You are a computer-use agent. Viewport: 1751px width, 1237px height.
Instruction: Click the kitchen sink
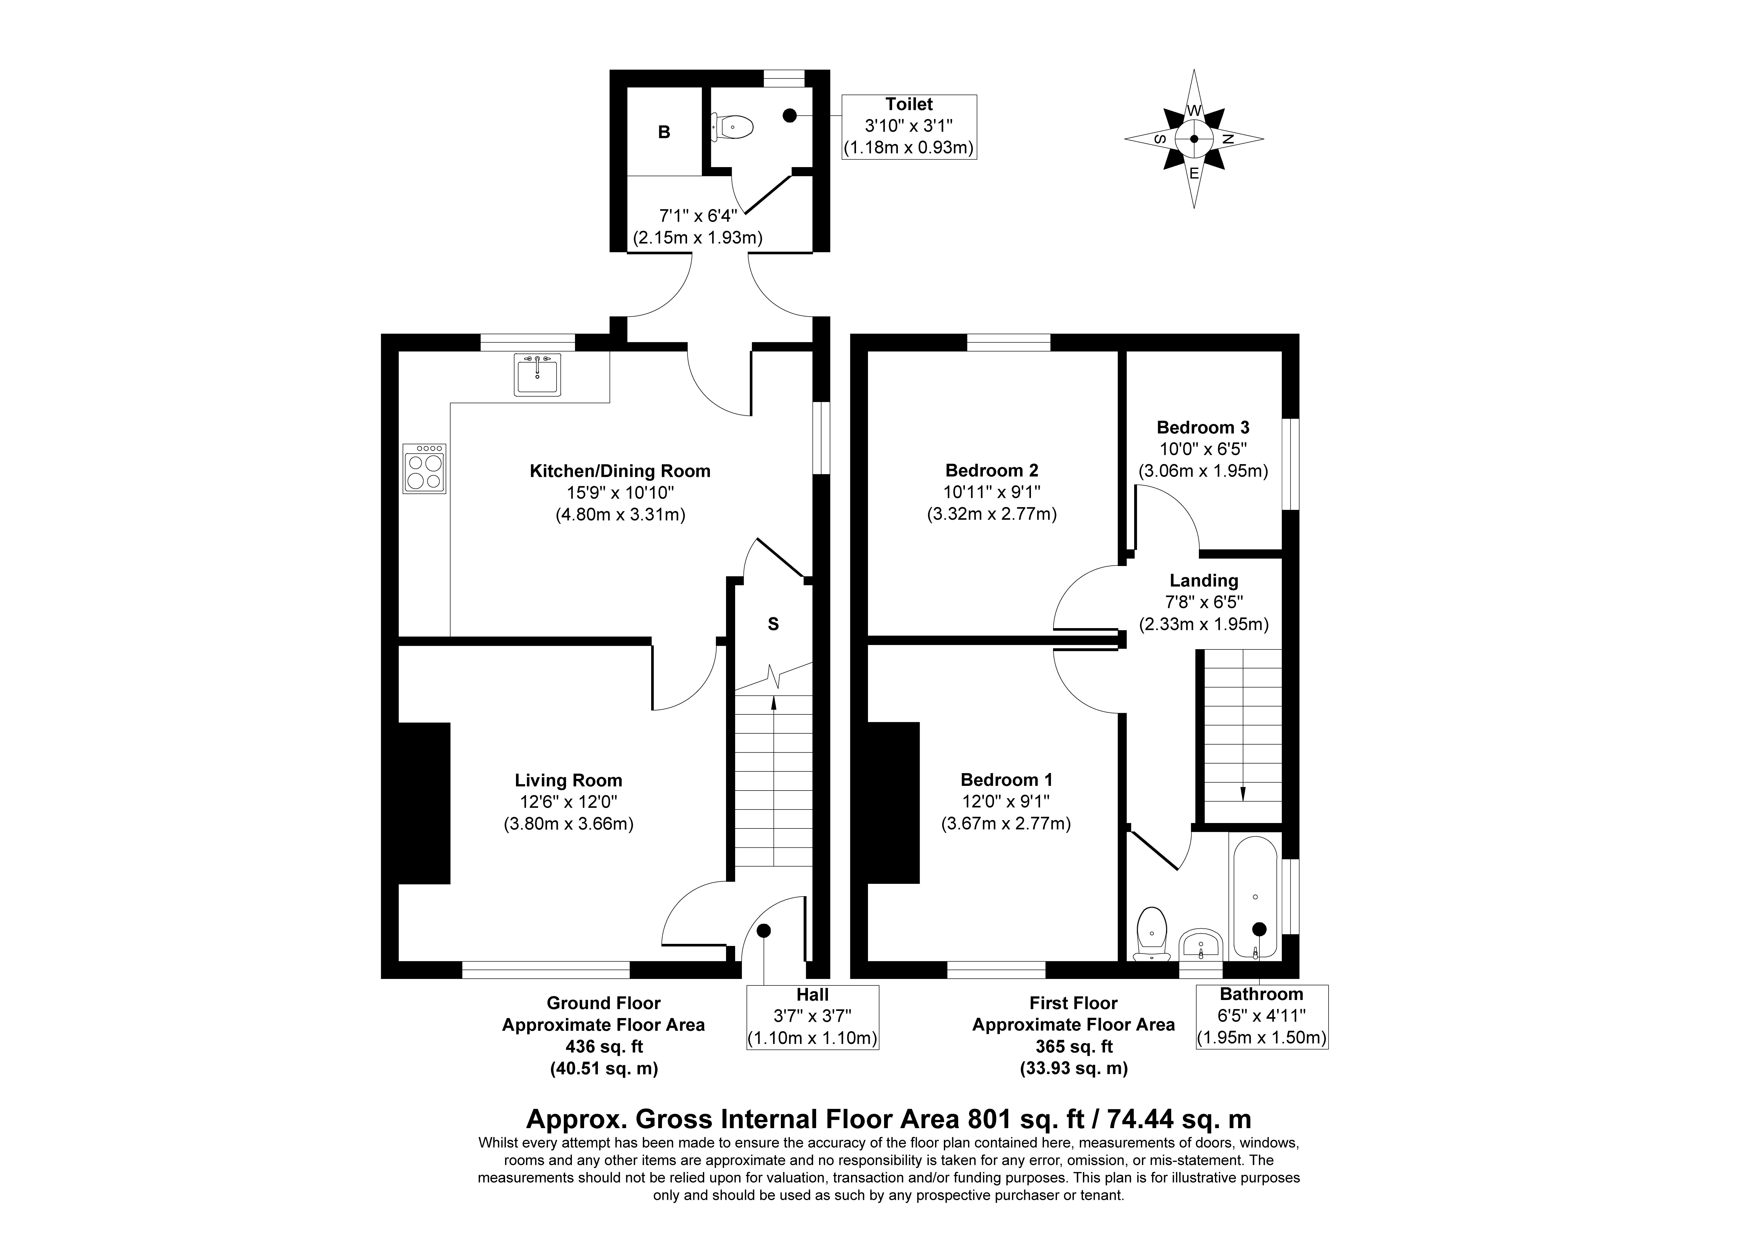pos(538,374)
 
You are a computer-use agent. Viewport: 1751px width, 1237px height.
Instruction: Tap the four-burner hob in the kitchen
pos(424,468)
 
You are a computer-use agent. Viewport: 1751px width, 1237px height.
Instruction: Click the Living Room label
pos(568,780)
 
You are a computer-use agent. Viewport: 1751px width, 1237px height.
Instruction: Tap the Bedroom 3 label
pos(1203,427)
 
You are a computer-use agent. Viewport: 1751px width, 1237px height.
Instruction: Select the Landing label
pos(1204,580)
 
